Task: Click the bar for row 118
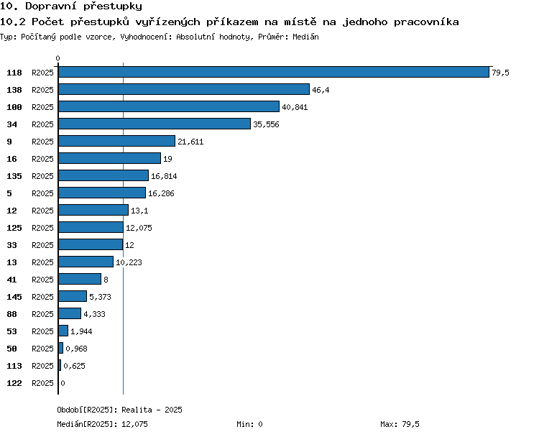point(274,72)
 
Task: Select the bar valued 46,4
point(184,89)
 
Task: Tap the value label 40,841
point(295,107)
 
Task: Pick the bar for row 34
point(155,124)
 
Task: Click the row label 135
point(14,176)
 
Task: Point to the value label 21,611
point(190,142)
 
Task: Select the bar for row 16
point(110,158)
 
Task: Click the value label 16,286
point(161,193)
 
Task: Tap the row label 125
point(14,228)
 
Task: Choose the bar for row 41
point(80,279)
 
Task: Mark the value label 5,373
point(100,297)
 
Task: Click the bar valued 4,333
point(70,313)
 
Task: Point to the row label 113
point(14,366)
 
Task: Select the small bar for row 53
point(63,331)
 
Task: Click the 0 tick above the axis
point(57,58)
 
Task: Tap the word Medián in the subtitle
point(305,37)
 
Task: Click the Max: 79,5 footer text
point(400,424)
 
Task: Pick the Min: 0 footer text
point(249,424)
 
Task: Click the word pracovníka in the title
point(426,22)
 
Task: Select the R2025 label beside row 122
point(42,383)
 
